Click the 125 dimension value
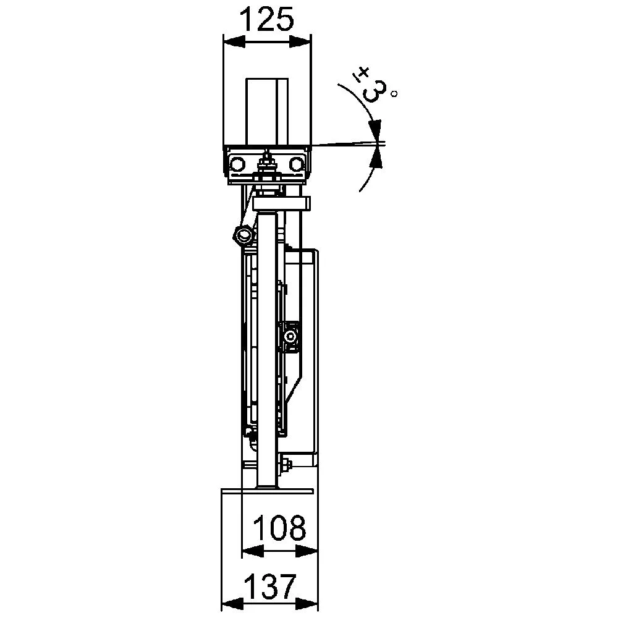(267, 20)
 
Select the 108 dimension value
(279, 528)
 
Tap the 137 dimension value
(270, 587)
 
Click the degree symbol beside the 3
(394, 94)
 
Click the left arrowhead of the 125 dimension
(234, 42)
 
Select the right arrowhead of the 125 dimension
(300, 42)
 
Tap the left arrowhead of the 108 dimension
(253, 551)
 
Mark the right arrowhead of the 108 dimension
(307, 551)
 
